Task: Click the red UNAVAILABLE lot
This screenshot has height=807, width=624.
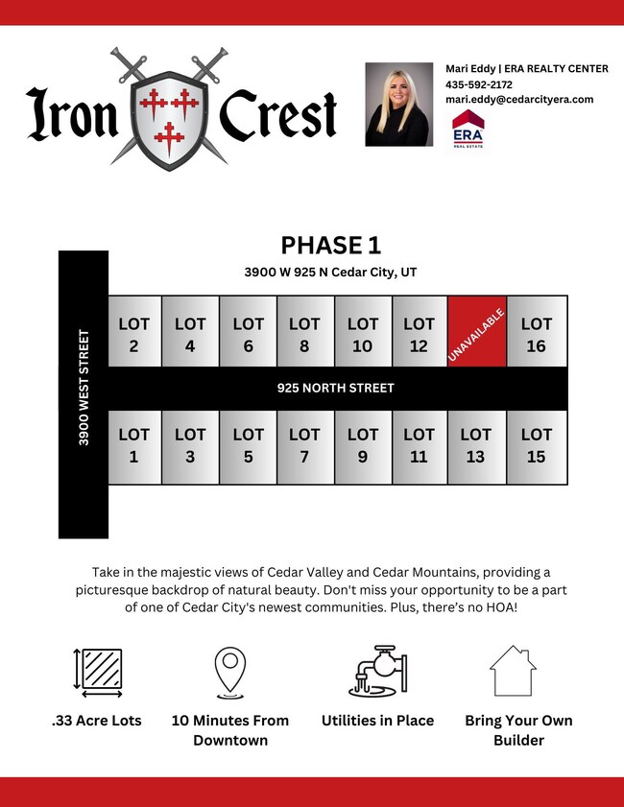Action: (x=476, y=331)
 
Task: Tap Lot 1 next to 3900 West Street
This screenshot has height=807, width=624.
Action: (x=133, y=446)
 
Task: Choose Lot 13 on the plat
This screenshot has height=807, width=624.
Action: (x=476, y=446)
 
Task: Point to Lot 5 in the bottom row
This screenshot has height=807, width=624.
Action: (x=248, y=446)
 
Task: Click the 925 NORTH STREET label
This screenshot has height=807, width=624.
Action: (x=335, y=389)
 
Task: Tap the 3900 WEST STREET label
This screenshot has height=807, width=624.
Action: (x=84, y=388)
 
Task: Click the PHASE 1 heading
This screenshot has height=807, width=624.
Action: (x=331, y=247)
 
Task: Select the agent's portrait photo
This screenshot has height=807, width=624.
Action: (x=398, y=104)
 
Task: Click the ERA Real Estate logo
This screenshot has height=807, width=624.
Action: (x=468, y=128)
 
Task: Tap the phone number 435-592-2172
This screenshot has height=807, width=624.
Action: (x=478, y=84)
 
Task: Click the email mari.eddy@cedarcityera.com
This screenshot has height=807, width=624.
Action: (x=519, y=100)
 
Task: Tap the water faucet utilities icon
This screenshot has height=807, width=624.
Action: (x=377, y=670)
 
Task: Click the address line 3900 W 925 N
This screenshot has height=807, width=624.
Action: (x=330, y=273)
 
